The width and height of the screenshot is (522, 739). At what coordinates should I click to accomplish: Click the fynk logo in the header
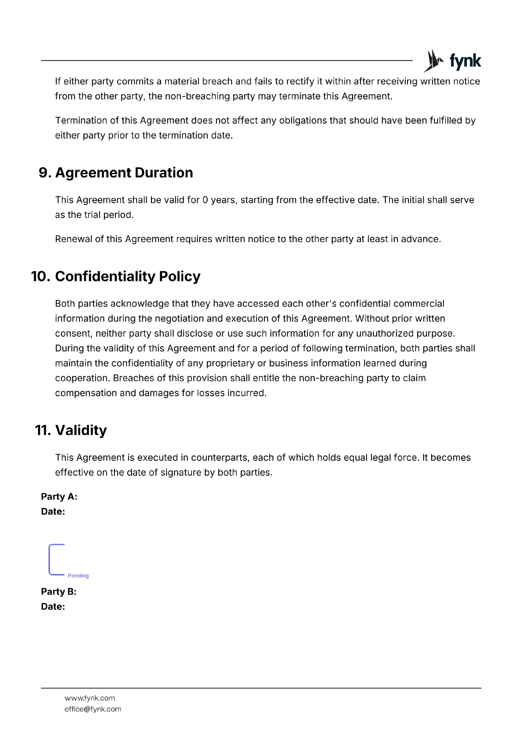click(x=452, y=61)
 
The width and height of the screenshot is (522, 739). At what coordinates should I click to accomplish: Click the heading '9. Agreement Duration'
click(x=116, y=173)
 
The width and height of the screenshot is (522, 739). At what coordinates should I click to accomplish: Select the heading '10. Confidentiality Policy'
click(x=116, y=276)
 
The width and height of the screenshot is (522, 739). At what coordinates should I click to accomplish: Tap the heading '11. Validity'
click(x=71, y=430)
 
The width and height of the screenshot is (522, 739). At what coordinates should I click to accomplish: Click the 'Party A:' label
click(x=59, y=497)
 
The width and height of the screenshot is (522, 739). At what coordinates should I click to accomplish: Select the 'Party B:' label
click(x=59, y=592)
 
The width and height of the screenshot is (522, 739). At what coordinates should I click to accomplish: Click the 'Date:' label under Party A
click(x=53, y=511)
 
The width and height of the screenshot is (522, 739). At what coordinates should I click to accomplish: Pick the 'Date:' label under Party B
click(x=53, y=606)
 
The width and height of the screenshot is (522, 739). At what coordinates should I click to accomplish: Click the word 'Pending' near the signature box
click(x=78, y=575)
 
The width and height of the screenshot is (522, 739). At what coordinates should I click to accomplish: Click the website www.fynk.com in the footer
click(x=90, y=698)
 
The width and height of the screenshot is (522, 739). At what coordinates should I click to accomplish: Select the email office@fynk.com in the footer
click(x=93, y=709)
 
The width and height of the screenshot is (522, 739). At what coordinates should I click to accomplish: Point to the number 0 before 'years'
click(x=205, y=200)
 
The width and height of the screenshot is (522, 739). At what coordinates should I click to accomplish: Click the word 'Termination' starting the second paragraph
click(x=81, y=121)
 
